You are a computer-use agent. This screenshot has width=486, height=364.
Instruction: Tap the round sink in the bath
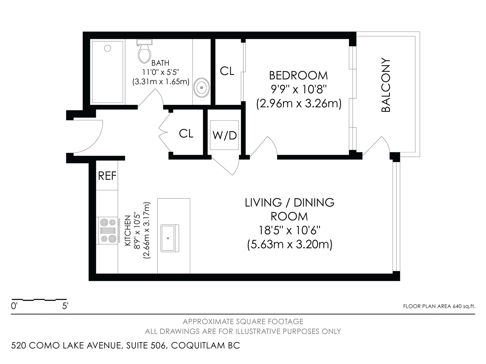click(x=201, y=88)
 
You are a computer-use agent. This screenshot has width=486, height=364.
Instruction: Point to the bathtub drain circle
click(x=108, y=48)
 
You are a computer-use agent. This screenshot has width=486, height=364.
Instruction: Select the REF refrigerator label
click(x=107, y=176)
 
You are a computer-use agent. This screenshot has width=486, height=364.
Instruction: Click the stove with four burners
click(x=108, y=231)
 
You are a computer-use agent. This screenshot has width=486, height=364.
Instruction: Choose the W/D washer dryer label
click(x=224, y=135)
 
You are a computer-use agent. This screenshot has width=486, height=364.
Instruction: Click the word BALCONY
click(x=386, y=85)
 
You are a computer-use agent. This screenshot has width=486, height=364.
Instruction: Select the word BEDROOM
click(x=298, y=76)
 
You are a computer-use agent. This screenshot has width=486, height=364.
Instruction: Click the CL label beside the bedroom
click(x=227, y=71)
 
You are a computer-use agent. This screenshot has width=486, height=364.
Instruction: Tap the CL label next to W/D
click(x=186, y=133)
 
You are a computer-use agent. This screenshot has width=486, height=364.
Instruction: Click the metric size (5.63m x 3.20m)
click(x=289, y=245)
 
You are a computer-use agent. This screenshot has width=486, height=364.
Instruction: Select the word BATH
click(x=160, y=63)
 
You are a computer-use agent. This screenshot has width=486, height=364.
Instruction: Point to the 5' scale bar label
click(x=65, y=306)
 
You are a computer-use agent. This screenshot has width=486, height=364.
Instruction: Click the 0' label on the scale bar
click(x=14, y=306)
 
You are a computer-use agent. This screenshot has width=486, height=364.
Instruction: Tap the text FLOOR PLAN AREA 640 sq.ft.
click(x=439, y=306)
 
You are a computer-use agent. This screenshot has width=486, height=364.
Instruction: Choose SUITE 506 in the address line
click(x=146, y=345)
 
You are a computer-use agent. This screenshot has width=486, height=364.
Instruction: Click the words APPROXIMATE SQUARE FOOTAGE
click(x=243, y=321)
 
